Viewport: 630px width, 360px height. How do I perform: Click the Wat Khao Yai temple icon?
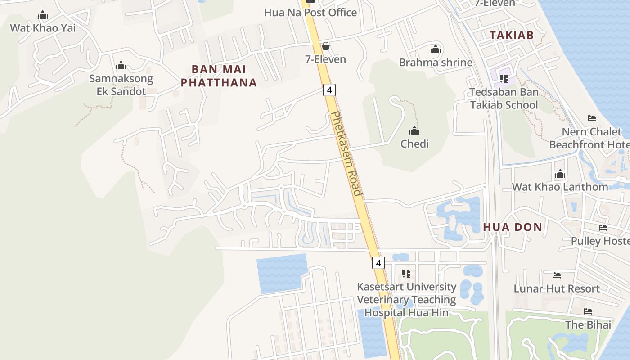(43, 15)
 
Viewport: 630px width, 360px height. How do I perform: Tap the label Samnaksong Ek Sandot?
(121, 85)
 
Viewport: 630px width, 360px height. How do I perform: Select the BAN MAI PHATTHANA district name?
(219, 76)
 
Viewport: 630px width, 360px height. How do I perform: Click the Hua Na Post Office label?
(310, 12)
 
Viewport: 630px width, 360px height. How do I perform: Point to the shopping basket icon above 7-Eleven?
(326, 46)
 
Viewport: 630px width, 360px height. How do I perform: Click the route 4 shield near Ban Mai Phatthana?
(329, 90)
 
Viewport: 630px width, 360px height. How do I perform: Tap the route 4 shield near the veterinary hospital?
(378, 263)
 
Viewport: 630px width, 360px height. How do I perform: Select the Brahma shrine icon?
(436, 49)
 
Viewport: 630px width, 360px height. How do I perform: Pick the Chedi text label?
(414, 144)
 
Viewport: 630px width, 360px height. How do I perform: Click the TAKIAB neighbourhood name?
(511, 35)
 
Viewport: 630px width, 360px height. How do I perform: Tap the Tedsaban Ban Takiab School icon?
(504, 79)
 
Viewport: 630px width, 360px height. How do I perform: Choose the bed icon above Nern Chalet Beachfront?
(592, 118)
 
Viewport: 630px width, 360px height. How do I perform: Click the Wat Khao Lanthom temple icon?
(560, 174)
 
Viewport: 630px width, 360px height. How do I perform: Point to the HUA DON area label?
(513, 227)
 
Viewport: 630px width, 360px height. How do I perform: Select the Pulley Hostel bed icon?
(603, 228)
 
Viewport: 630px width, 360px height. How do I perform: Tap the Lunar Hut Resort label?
(557, 288)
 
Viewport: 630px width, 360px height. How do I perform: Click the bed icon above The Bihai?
(588, 311)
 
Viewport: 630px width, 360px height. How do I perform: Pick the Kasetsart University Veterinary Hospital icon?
(406, 273)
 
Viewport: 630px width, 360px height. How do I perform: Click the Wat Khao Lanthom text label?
(560, 187)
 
